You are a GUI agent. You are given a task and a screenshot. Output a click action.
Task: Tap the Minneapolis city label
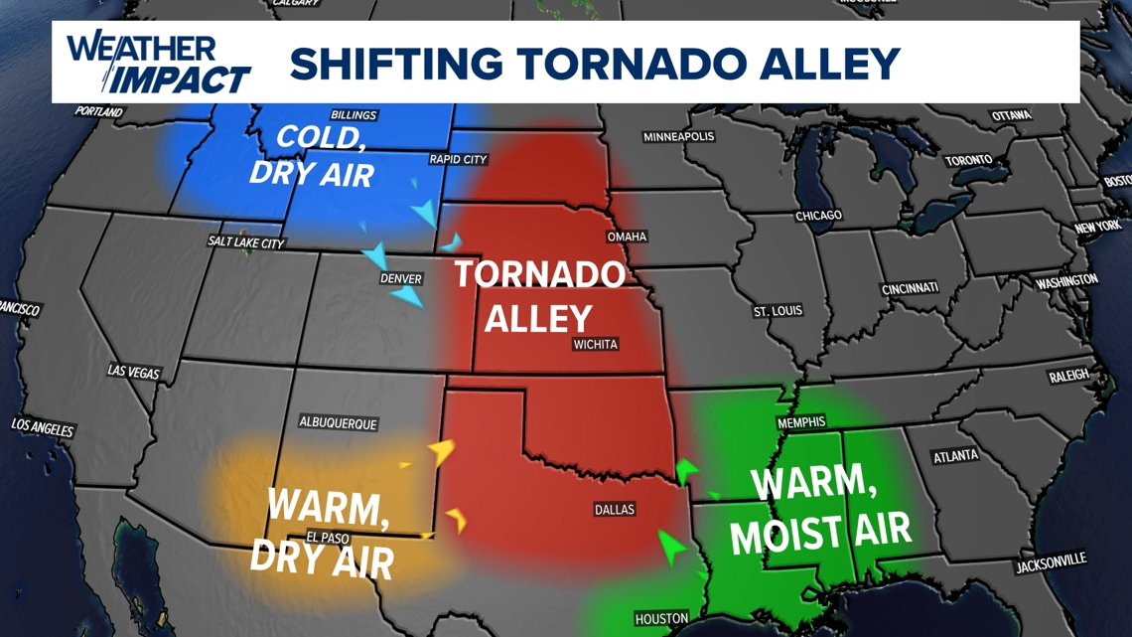pos(678,136)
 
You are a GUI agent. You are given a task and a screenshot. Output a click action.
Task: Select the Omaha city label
pos(627,237)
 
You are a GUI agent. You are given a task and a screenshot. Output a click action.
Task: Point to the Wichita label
pos(595,344)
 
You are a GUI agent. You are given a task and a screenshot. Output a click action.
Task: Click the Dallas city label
pos(614,510)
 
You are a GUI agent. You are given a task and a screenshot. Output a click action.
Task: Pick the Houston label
pos(661,618)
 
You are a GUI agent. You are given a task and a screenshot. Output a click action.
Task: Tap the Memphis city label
pos(801,422)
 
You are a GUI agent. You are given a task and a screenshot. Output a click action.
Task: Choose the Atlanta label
pos(955,457)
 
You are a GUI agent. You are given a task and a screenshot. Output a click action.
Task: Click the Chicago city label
pos(818,216)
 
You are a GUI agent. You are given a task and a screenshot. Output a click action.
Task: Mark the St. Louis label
pos(778,311)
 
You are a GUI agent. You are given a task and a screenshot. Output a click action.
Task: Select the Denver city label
pos(401,279)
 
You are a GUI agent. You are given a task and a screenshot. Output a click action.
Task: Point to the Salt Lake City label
pos(246,241)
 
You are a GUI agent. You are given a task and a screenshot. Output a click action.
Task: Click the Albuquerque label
pos(338,422)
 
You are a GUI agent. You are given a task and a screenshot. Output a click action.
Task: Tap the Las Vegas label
pos(133,372)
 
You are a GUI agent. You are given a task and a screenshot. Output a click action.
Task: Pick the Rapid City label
pos(458,159)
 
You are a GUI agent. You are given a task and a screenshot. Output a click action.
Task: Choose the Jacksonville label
pos(1051,564)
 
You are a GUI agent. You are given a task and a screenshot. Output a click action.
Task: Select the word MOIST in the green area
pos(783,535)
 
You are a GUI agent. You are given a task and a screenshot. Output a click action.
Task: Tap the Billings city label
pos(354,115)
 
